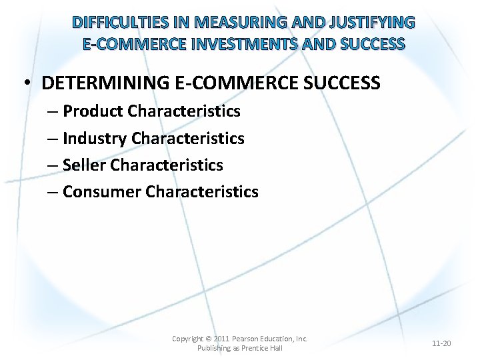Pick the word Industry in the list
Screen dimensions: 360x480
pos(95,138)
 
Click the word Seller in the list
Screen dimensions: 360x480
pos(85,165)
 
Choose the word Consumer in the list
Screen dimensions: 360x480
pos(102,192)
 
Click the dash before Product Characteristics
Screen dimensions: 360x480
pos(53,111)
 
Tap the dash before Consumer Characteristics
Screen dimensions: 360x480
pos(53,193)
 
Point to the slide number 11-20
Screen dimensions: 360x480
pos(441,343)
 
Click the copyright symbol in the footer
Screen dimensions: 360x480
pos(209,339)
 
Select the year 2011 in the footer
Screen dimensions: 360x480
pos(221,339)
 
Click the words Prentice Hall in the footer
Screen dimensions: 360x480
pos(261,348)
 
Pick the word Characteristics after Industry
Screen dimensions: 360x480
pos(188,138)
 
